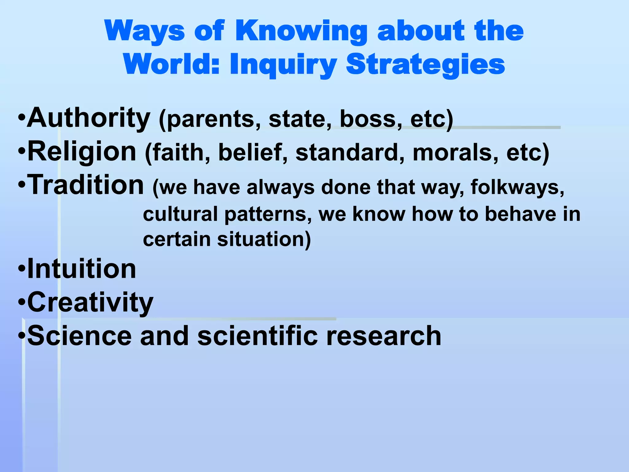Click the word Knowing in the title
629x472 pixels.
coord(301,31)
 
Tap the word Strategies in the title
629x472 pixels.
coord(425,65)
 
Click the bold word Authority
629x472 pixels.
coord(88,118)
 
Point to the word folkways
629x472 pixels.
coord(517,187)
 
